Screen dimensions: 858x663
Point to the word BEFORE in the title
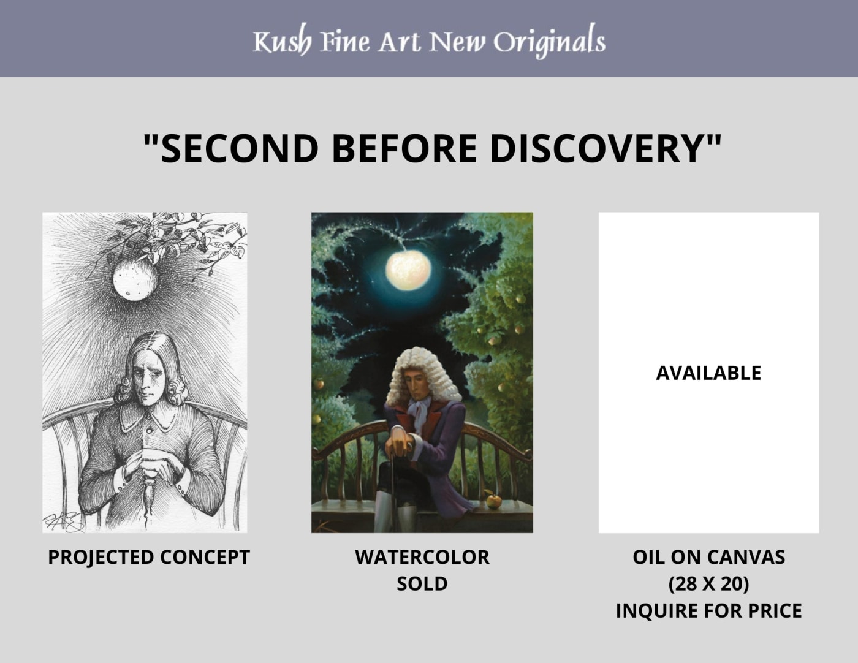point(404,148)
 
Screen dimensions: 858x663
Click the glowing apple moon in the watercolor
point(408,270)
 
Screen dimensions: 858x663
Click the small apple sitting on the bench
point(493,501)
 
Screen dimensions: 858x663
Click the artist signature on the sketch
point(63,523)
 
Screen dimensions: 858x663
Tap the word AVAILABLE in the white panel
point(708,373)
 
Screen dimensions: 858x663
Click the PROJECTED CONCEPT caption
point(149,557)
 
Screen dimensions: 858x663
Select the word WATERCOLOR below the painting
point(422,557)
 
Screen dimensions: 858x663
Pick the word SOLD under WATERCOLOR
point(422,584)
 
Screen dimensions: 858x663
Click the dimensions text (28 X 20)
point(708,584)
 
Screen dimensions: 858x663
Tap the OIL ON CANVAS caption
point(708,557)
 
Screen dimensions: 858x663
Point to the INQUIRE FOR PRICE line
point(708,610)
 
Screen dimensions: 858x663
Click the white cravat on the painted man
point(419,414)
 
